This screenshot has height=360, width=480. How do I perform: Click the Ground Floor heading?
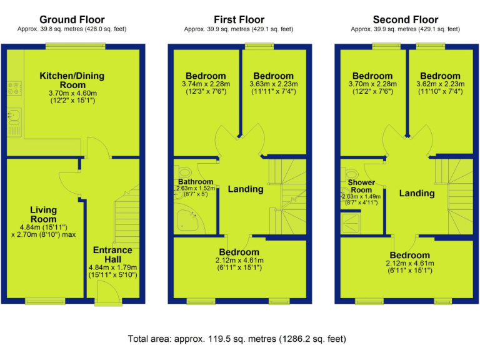point(72,19)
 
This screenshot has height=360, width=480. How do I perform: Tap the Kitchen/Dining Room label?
point(72,80)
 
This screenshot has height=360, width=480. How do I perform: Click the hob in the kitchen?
point(14,88)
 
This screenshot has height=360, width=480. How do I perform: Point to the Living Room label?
point(44,214)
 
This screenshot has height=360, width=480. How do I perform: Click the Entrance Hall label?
point(112,255)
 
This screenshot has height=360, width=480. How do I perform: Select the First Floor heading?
point(239,19)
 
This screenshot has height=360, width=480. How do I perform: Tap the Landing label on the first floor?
point(246,189)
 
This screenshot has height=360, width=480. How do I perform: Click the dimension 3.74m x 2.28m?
point(206,84)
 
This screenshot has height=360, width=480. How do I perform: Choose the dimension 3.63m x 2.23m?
point(273,84)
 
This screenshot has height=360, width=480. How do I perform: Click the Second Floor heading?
point(405,19)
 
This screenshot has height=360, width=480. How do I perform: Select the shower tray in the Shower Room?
point(351,223)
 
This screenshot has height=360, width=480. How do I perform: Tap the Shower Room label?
point(361,186)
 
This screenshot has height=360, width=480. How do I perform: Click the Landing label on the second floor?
point(417,193)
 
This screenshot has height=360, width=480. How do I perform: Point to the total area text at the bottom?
point(237,339)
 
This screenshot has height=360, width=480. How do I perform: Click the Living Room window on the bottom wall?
point(45,301)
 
